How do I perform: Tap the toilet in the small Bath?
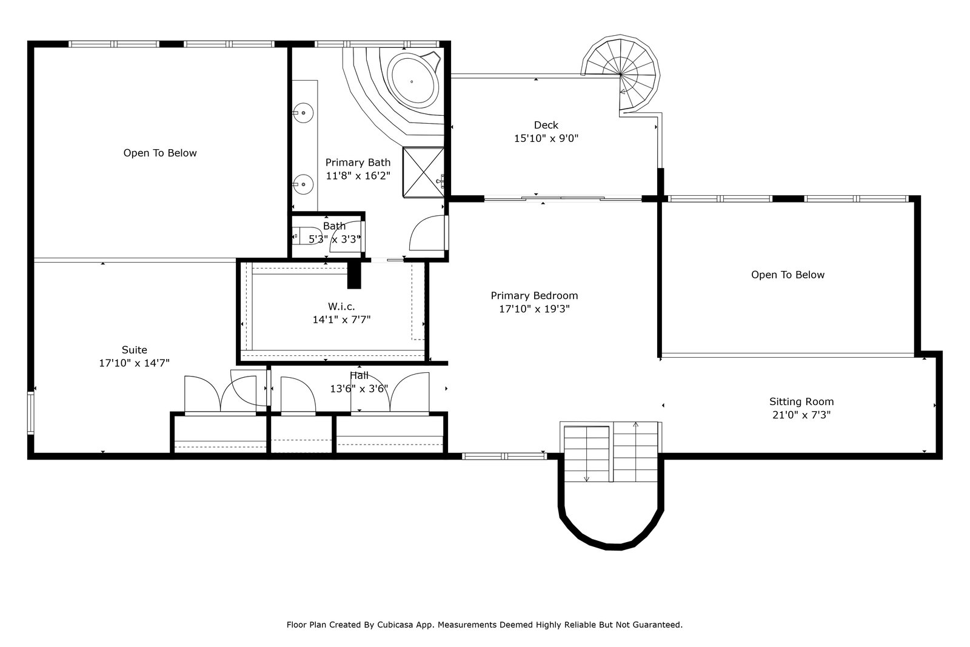[307, 236]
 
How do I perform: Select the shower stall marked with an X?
[424, 172]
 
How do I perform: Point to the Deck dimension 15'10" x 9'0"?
[546, 139]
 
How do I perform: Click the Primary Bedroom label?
[534, 296]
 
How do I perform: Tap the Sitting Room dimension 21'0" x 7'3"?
[801, 415]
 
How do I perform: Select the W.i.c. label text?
[341, 307]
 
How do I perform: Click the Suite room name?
[134, 350]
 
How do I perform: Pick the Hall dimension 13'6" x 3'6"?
[359, 389]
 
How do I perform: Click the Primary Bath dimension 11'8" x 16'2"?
[358, 176]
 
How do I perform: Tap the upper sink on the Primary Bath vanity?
[303, 113]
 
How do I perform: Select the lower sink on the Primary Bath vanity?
[303, 184]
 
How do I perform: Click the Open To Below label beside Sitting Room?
[788, 275]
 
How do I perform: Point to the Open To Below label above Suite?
[160, 153]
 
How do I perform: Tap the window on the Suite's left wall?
[31, 413]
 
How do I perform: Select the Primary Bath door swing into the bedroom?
[427, 233]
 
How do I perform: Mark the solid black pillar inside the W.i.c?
[354, 275]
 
